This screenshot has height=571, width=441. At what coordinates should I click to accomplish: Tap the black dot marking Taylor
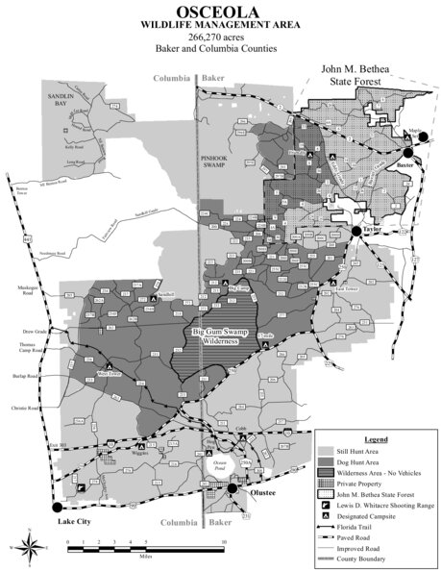355,232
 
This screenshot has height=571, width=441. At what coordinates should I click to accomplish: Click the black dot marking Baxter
407,153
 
